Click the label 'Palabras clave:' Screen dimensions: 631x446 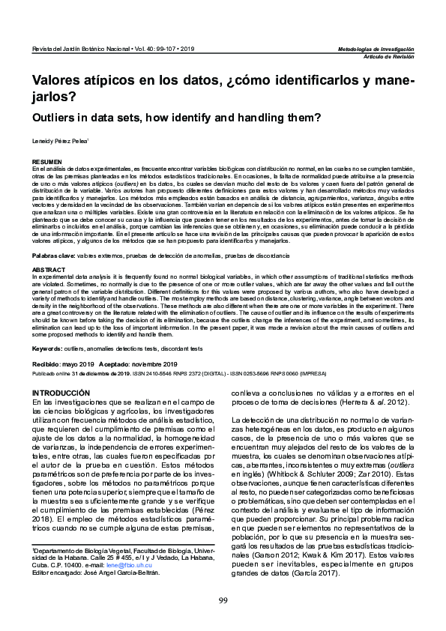coord(52,256)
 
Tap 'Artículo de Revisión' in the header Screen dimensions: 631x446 coord(388,55)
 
